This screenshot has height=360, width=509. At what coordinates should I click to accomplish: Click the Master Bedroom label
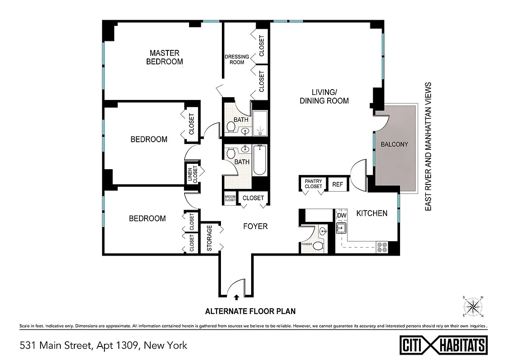(164, 57)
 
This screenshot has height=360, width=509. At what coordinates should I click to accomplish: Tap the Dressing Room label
(237, 59)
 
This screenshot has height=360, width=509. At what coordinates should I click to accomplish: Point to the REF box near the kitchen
(338, 184)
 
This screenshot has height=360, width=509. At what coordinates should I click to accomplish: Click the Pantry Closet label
(313, 184)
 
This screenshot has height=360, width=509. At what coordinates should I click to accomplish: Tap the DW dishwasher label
(342, 215)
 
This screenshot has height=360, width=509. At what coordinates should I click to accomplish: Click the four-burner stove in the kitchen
(382, 247)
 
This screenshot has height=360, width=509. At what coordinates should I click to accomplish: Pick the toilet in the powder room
(318, 246)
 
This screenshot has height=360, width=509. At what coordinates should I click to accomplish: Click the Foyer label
(255, 226)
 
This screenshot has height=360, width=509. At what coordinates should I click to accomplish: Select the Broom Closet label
(230, 198)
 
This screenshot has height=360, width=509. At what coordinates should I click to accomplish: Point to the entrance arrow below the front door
(237, 297)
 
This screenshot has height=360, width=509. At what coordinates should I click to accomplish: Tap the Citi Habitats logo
(443, 345)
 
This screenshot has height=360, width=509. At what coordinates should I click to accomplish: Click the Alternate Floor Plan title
(250, 311)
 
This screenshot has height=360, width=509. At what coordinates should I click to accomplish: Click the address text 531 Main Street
(104, 346)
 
